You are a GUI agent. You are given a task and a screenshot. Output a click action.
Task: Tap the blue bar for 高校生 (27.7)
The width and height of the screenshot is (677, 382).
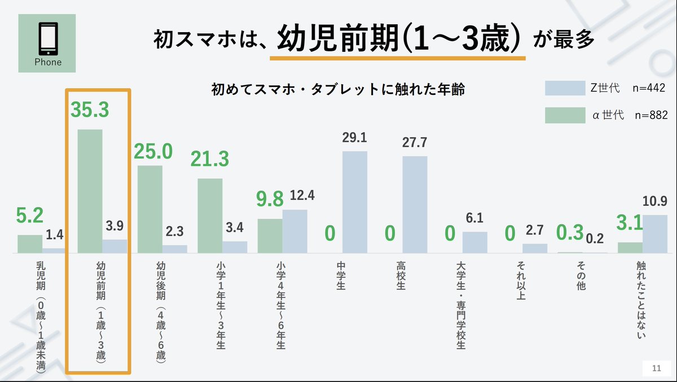(x=415, y=204)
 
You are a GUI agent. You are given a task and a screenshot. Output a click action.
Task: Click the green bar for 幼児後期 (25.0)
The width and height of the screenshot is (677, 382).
(x=150, y=209)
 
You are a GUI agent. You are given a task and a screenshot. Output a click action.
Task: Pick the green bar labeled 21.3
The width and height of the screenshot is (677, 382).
(x=210, y=215)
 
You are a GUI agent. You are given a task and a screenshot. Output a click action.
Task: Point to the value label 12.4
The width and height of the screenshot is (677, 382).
(x=302, y=196)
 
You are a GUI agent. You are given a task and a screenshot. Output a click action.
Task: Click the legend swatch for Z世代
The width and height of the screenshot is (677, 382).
(x=564, y=89)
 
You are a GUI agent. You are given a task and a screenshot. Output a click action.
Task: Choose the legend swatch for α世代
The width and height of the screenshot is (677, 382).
(x=564, y=115)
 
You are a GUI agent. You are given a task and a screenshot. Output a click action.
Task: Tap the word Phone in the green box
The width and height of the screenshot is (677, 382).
(x=47, y=62)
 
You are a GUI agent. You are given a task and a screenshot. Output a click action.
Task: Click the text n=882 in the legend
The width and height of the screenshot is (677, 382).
(x=651, y=115)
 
